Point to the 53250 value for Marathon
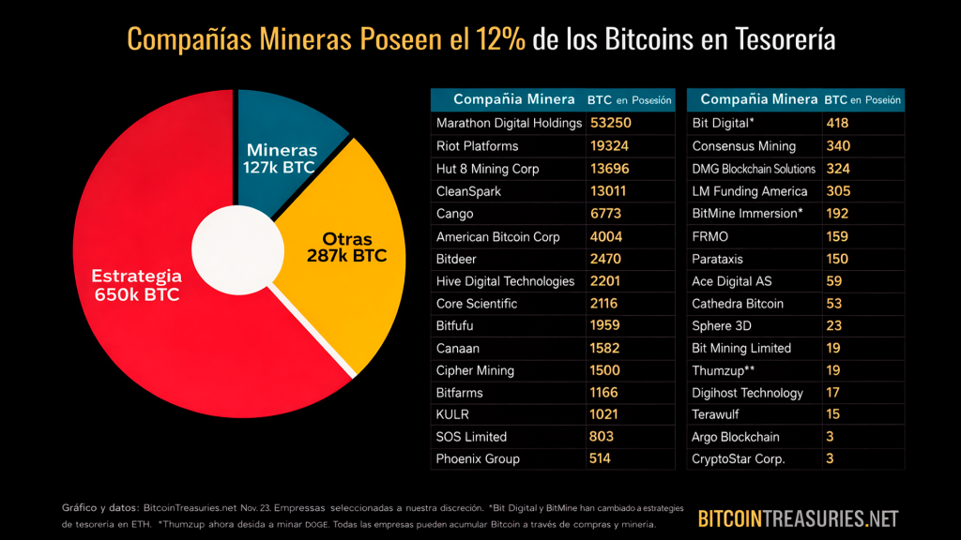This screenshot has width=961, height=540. coord(609,123)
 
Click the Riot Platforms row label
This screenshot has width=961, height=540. coord(477,145)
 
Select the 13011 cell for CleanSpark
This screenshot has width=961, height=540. coord(609,191)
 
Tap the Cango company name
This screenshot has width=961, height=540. coord(455,214)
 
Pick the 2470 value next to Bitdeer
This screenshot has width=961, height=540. coord(605,258)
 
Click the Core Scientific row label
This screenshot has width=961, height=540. coord(477,303)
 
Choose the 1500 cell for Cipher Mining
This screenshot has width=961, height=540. coord(605,370)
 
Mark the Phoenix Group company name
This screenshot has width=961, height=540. coord(478,458)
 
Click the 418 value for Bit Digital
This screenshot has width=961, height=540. coord(837,123)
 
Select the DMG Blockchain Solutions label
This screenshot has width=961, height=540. coord(754,169)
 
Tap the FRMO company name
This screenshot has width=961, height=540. coord(709,236)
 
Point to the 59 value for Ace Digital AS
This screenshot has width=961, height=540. coord(833,280)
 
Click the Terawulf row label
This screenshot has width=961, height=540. coord(718,414)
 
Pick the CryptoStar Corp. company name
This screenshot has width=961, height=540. coord(739,458)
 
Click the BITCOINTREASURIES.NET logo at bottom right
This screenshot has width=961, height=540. coord(798,518)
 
